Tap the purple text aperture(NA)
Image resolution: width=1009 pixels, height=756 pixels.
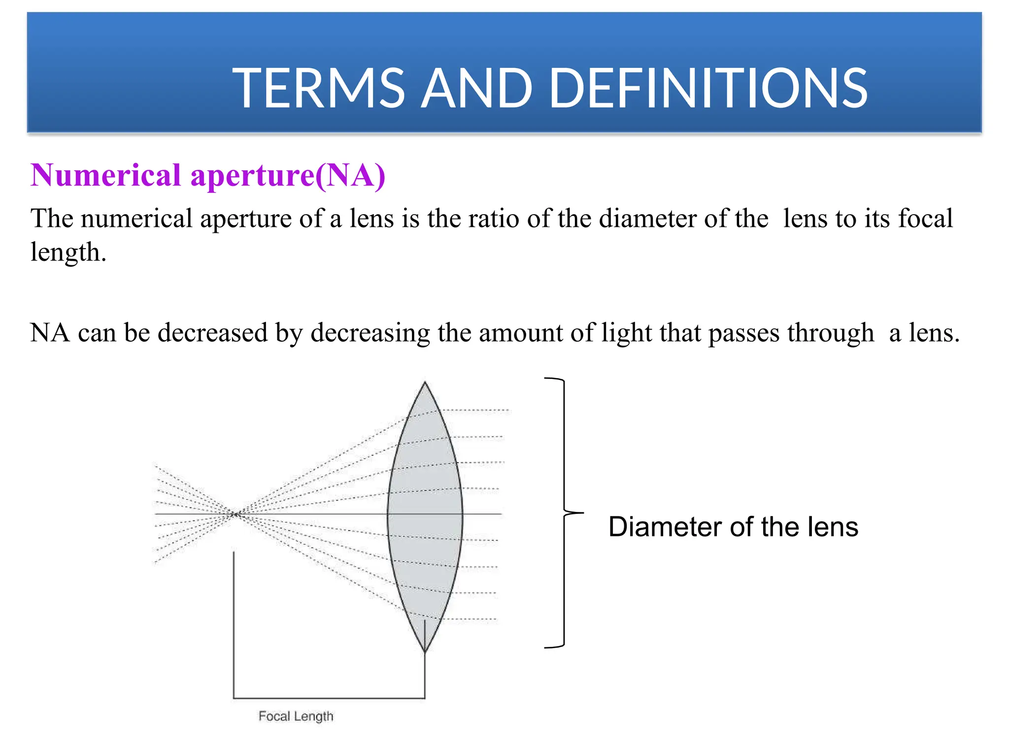[x=288, y=176]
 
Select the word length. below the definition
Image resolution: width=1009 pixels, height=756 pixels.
[x=68, y=252]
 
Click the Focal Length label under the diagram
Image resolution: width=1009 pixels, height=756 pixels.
[x=296, y=716]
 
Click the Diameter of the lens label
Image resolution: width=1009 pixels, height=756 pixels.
[x=733, y=527]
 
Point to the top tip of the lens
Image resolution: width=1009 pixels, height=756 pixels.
[x=425, y=383]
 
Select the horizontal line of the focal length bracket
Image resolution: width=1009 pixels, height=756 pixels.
[x=329, y=698]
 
